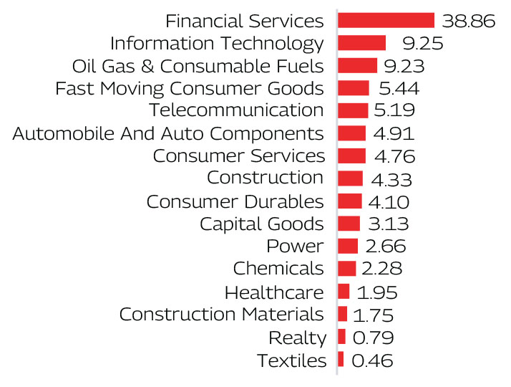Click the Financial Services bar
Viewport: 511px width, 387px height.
(386, 21)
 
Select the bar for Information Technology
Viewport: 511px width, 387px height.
(361, 43)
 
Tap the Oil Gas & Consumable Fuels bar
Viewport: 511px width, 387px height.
(357, 66)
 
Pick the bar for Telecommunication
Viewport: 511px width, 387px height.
(352, 110)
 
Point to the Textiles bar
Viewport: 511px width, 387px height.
(341, 360)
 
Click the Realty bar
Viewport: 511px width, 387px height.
(342, 337)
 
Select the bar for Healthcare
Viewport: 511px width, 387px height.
(344, 292)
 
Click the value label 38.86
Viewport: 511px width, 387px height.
(469, 21)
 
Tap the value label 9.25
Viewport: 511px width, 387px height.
(417, 44)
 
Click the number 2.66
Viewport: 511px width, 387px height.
(385, 247)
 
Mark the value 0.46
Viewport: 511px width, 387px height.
(372, 360)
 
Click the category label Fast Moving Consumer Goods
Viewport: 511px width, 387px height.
(189, 89)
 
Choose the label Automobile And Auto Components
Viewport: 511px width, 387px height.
(168, 133)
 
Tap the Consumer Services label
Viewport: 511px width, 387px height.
(238, 156)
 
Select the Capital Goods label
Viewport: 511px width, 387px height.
(261, 224)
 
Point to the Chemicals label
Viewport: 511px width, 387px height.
(278, 269)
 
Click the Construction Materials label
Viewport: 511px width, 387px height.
(221, 314)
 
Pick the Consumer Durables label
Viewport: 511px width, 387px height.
(235, 201)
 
